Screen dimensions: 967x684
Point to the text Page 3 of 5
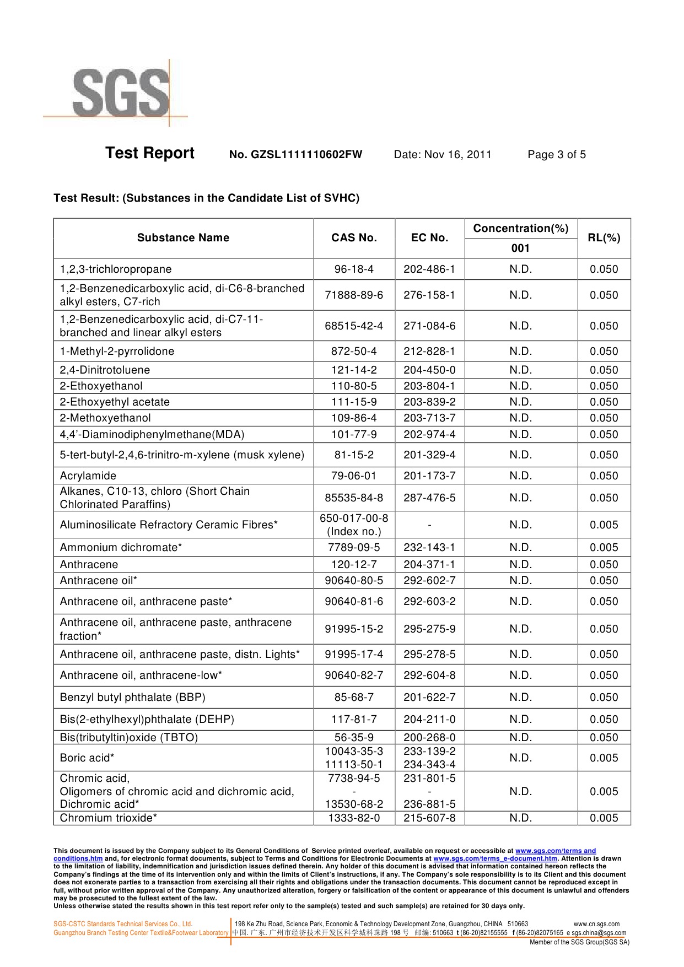[556, 155]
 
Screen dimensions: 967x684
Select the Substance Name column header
[183, 238]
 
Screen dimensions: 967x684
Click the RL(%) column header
[604, 238]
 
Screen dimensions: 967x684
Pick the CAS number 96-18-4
[354, 269]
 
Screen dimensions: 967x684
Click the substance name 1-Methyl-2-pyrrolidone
[117, 352]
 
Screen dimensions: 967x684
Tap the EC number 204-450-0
[429, 370]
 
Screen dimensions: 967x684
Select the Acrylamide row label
[88, 476]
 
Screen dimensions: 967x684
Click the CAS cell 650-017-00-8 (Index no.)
[354, 525]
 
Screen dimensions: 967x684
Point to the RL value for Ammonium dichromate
[604, 548]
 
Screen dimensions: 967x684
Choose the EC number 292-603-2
[429, 602]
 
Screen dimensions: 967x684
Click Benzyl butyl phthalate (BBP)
[132, 698]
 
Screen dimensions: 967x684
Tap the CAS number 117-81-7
[354, 720]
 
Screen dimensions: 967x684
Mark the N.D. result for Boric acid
[520, 758]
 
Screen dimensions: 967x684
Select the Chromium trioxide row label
[108, 818]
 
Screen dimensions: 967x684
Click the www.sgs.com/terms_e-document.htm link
[495, 858]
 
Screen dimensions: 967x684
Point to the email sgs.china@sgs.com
[599, 933]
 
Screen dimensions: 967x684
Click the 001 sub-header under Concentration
[520, 248]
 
